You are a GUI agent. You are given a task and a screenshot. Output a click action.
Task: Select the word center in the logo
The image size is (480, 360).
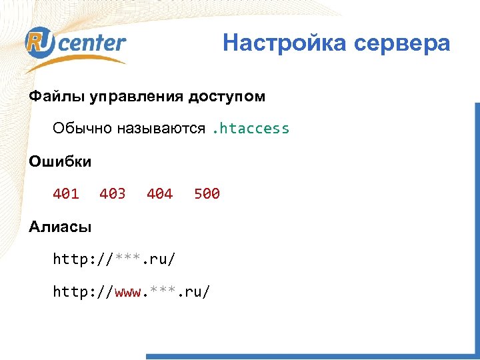91,43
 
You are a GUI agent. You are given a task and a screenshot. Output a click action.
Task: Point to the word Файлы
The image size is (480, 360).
51,97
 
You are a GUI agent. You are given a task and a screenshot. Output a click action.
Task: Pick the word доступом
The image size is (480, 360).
227,97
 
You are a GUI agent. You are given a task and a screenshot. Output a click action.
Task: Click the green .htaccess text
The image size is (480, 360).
250,128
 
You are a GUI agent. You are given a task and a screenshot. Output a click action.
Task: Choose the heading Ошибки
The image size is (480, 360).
60,161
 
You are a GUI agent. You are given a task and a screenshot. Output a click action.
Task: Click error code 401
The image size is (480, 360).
66,194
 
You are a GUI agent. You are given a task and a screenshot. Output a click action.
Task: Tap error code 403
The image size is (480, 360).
113,194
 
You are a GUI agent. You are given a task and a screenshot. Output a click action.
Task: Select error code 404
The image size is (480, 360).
159,194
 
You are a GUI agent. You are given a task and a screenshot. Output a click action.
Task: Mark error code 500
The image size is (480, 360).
207,194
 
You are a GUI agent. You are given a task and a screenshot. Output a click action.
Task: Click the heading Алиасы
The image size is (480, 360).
60,227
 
